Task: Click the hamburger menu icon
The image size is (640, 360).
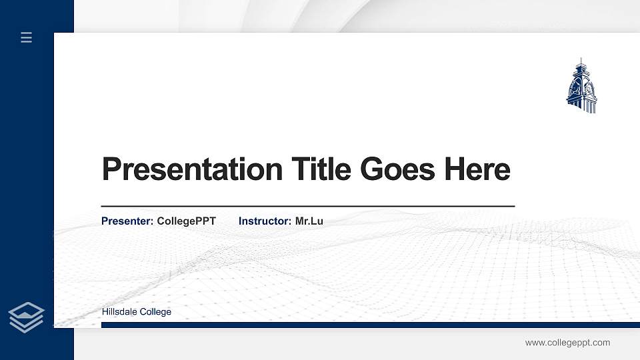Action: (27, 37)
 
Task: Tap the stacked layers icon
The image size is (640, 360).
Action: (27, 317)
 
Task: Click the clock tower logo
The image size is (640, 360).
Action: (581, 87)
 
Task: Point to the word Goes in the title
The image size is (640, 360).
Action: (396, 169)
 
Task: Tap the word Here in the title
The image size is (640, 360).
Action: (477, 169)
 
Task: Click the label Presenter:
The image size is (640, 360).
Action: (127, 221)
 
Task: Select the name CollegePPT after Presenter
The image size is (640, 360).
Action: (186, 221)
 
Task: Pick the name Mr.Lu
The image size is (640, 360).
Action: (309, 221)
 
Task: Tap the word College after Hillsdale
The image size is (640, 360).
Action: (155, 312)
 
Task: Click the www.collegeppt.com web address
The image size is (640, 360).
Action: (567, 343)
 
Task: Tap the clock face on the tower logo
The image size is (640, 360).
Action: (589, 87)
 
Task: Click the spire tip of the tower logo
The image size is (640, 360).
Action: (581, 60)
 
